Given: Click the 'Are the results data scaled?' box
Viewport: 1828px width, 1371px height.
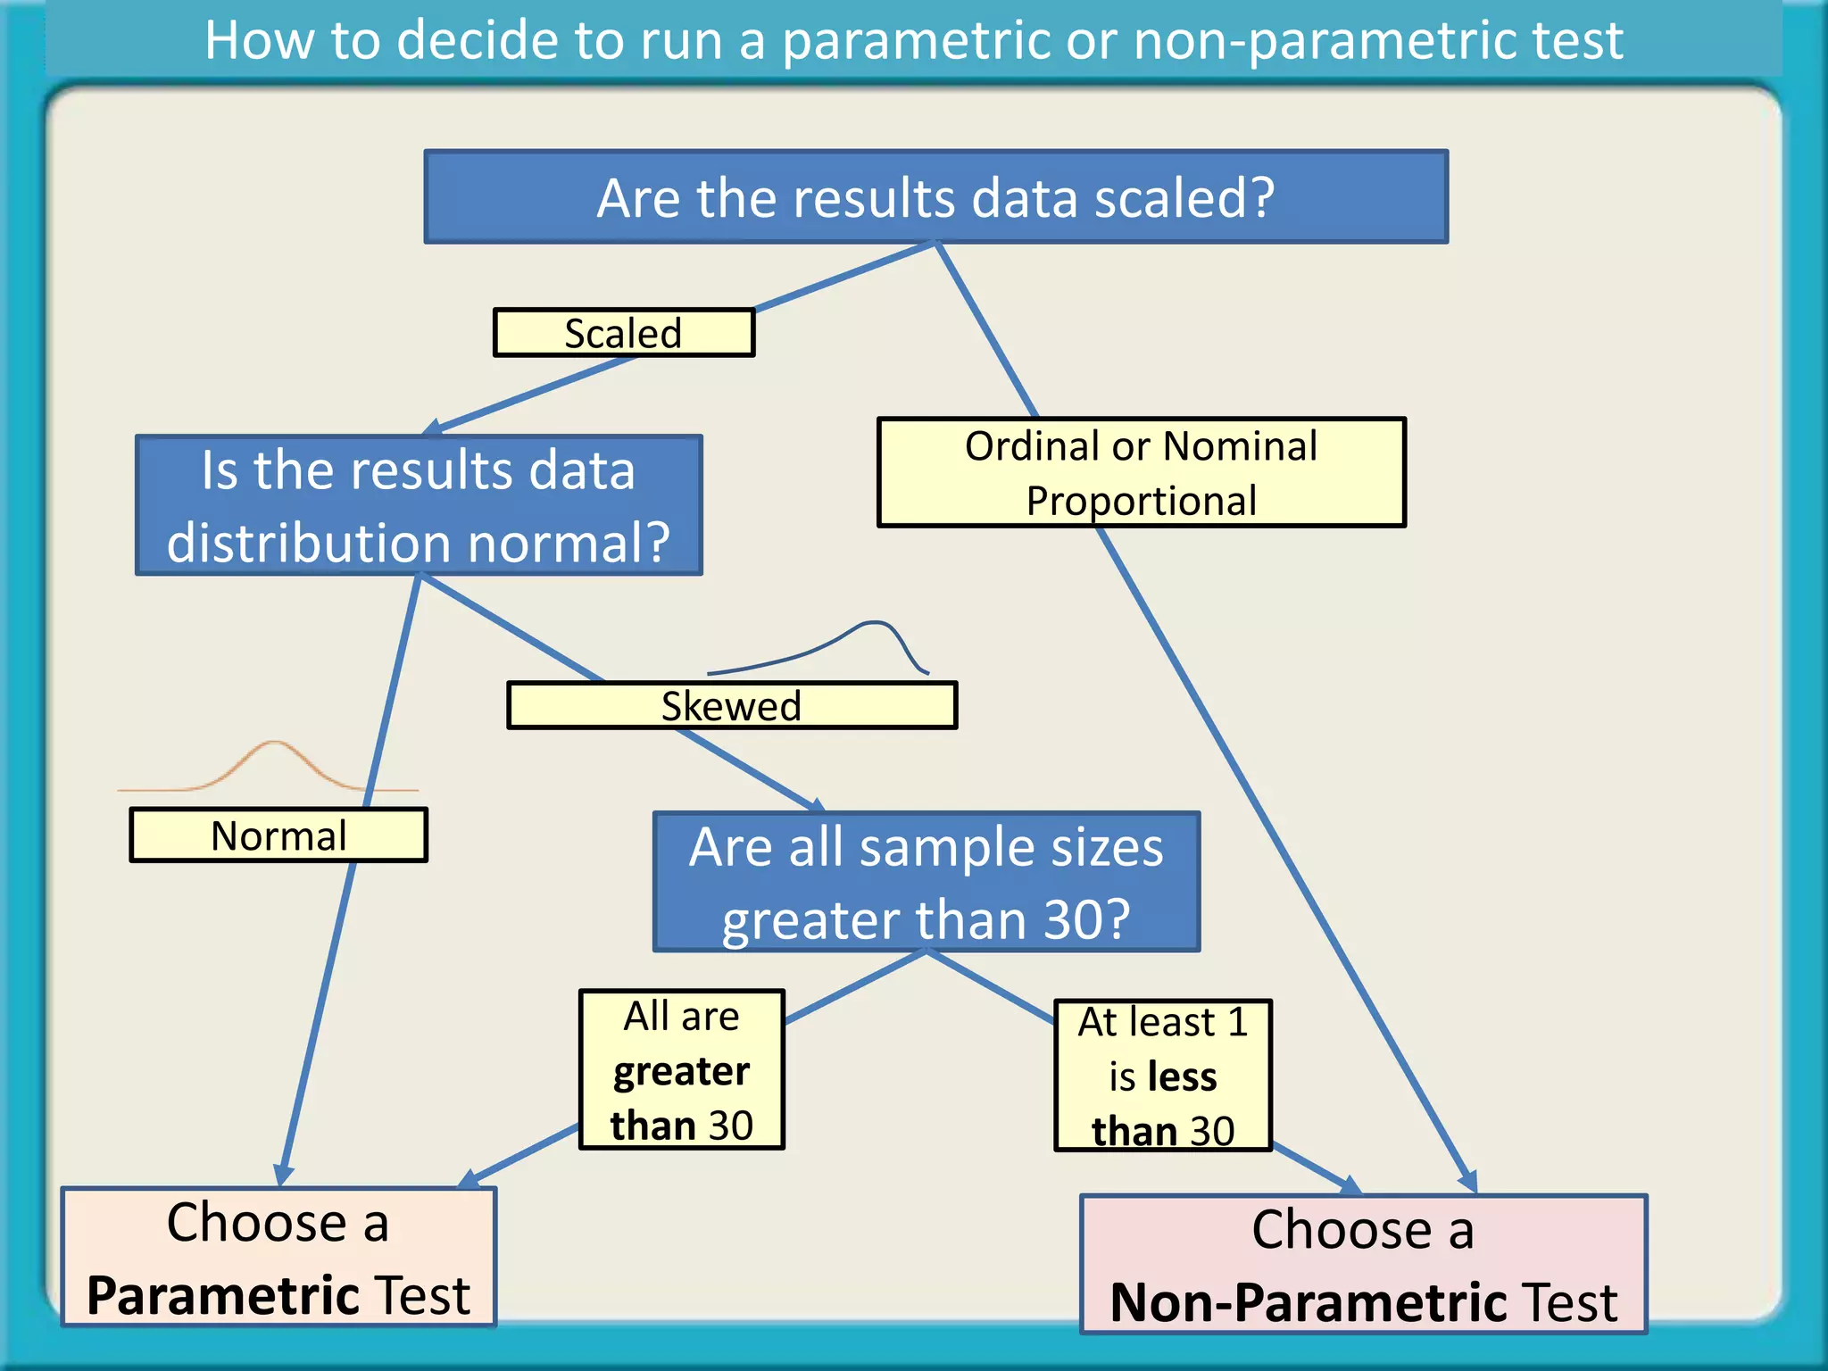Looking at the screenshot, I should [x=935, y=196].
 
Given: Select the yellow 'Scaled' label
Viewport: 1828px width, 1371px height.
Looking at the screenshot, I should [x=623, y=333].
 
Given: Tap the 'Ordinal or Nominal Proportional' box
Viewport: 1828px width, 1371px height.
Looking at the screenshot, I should [x=1141, y=472].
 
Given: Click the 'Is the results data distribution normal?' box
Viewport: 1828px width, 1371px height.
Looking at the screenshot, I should [x=418, y=505].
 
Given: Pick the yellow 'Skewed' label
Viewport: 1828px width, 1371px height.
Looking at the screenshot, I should [x=731, y=706].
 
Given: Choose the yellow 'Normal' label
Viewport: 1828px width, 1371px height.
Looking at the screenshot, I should [x=278, y=835].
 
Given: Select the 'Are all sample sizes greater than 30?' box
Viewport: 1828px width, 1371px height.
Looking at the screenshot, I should [x=926, y=882].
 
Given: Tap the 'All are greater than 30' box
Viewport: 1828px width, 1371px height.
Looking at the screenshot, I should [x=681, y=1069].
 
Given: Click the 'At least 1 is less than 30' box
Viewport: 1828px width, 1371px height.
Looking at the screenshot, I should [x=1162, y=1076].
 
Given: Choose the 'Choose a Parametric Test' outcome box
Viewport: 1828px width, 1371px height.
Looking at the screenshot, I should [x=278, y=1257].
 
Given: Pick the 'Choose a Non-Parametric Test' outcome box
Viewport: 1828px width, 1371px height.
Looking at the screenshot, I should [x=1363, y=1265].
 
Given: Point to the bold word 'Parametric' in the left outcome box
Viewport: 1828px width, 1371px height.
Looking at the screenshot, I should [x=222, y=1295].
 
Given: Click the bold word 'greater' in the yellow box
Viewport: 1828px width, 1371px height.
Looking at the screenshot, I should [x=681, y=1071].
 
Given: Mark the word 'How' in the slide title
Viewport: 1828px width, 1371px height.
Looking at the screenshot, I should [x=259, y=40].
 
